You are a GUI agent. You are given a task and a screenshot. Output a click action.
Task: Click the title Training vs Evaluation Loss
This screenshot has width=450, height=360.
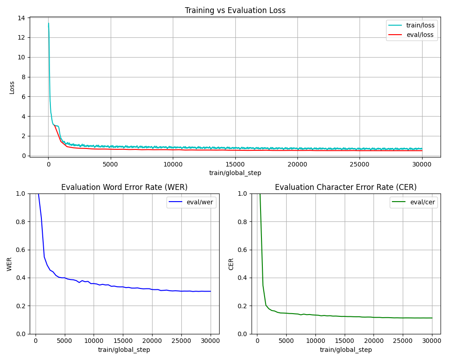coord(235,10)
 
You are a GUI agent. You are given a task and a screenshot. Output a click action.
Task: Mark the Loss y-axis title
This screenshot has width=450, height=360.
coord(12,87)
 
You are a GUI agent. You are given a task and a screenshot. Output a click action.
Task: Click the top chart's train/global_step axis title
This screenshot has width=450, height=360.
coord(235,173)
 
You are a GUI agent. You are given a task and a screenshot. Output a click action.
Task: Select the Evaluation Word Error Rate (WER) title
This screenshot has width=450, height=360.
coord(124,187)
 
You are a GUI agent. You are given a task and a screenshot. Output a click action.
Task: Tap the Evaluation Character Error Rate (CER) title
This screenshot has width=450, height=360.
coord(346,187)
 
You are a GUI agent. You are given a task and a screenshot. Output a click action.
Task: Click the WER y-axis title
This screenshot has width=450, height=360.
coord(9,264)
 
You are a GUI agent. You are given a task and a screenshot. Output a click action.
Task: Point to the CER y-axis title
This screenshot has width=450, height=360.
coord(231,264)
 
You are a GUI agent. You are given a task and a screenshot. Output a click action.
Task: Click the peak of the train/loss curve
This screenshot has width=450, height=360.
coord(49,23)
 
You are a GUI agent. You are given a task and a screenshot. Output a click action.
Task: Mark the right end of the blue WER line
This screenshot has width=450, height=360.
coord(211,291)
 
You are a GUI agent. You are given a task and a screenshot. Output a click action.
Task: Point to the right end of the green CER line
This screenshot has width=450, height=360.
coord(432,318)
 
